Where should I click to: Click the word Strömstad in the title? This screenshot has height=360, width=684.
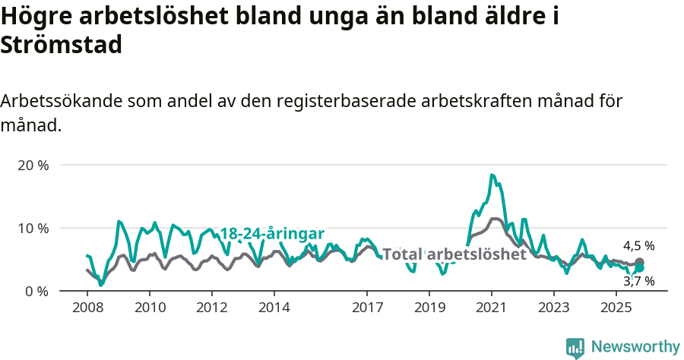coord(62,45)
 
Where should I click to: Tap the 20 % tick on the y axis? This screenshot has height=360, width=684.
coord(32,165)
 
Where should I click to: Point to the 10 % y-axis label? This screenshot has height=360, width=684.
coord(32,228)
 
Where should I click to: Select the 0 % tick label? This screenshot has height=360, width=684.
coord(36,291)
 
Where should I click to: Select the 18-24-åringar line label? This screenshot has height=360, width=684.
coord(272,233)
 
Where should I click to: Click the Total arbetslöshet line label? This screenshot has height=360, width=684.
coord(454,254)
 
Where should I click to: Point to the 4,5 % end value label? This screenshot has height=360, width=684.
coord(638,246)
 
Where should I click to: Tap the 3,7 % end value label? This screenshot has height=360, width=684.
coord(638,282)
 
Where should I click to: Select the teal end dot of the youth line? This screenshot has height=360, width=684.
coord(640,268)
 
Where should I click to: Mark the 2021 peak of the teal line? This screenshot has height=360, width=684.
coord(492,175)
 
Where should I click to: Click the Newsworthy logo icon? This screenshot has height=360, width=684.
coord(575,348)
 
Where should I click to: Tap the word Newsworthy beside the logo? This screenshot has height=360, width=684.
coord(635,347)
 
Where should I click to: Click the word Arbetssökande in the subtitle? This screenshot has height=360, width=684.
coord(63,101)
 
